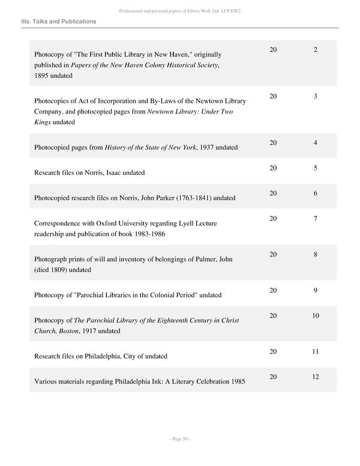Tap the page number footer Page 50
click(x=180, y=439)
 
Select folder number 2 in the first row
click(x=315, y=49)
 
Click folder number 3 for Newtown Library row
click(x=315, y=96)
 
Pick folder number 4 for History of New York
click(x=315, y=143)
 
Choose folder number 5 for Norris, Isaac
click(x=315, y=168)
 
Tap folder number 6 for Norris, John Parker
click(x=315, y=193)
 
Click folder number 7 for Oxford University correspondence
click(x=315, y=219)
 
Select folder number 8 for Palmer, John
click(x=315, y=255)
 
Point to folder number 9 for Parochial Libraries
click(x=315, y=291)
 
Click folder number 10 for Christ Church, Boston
click(x=316, y=316)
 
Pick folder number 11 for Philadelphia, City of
click(x=316, y=352)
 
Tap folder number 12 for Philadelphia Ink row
click(x=316, y=377)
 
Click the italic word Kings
click(x=43, y=122)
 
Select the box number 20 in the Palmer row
click(x=273, y=255)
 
